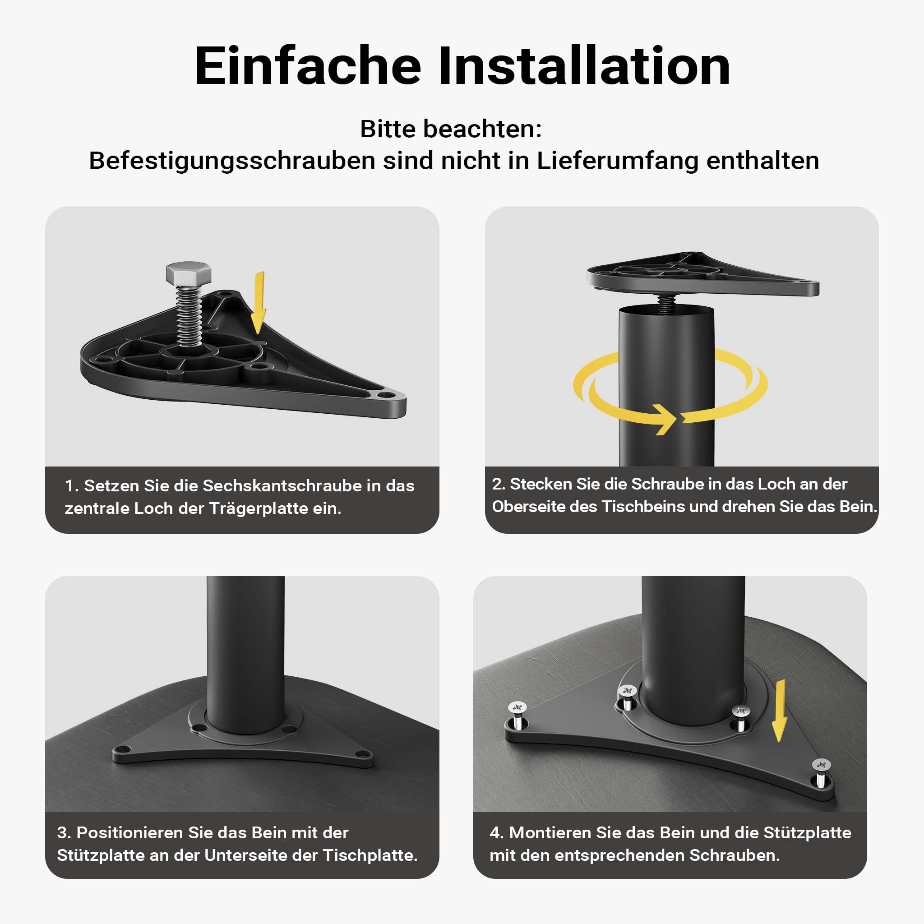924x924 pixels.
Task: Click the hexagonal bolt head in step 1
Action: click(x=189, y=273)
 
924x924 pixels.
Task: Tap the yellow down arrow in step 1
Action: click(x=259, y=302)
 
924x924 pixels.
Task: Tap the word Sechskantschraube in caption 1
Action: click(x=282, y=485)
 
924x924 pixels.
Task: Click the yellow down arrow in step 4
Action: click(x=780, y=710)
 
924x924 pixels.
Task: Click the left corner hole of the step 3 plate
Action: click(x=123, y=749)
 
